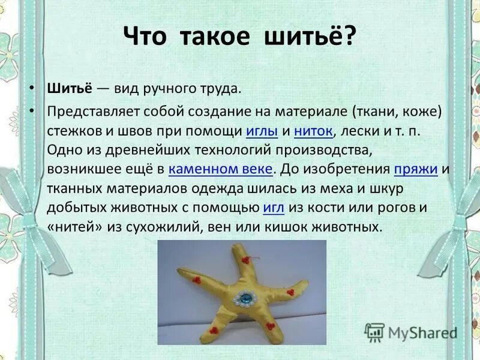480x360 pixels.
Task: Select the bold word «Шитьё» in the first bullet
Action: coord(69,89)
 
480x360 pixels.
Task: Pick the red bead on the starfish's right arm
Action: coord(290,292)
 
